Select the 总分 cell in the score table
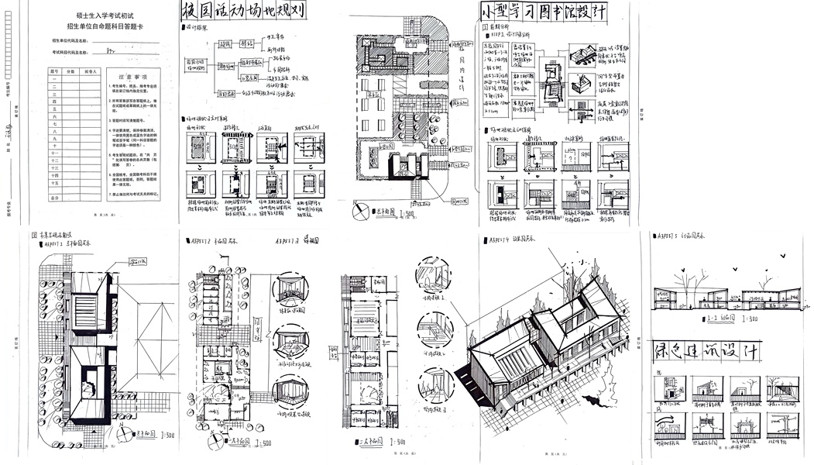pos(54,198)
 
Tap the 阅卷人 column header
pos(92,71)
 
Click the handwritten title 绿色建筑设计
pos(706,350)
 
